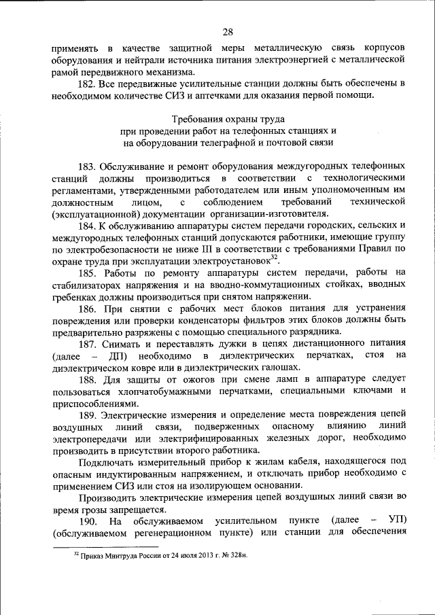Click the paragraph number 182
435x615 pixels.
click(x=89, y=84)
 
